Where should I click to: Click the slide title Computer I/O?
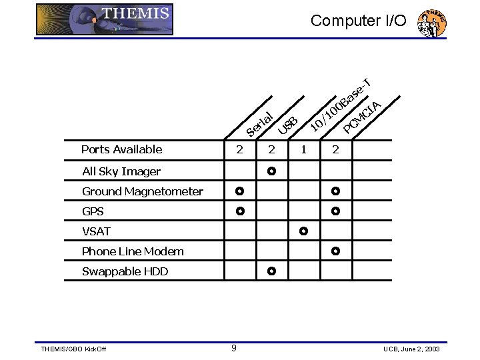pos(358,21)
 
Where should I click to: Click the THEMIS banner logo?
pos(104,19)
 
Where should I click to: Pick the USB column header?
pos(288,122)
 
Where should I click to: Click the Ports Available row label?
pos(121,149)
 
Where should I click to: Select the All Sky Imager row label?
pos(121,171)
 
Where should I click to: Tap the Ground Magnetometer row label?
pos(143,191)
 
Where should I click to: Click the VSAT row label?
pos(96,231)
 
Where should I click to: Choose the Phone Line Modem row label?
pos(133,251)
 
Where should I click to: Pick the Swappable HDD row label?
pos(125,271)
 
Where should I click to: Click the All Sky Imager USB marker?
pos(271,171)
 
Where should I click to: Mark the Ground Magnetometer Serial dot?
pos(240,191)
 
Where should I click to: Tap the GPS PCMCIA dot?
pos(335,211)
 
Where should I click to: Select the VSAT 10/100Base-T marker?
pos(303,231)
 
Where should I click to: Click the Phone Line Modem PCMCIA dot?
pos(335,251)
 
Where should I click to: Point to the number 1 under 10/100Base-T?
pos(303,149)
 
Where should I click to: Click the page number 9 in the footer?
pos(233,347)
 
